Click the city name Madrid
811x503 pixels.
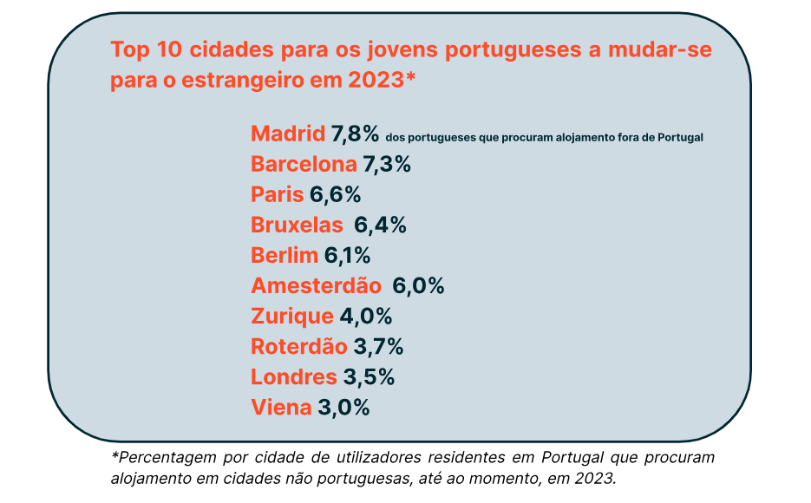(x=288, y=134)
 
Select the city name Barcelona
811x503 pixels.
(x=304, y=165)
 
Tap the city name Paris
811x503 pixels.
(x=277, y=195)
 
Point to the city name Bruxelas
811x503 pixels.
(x=297, y=225)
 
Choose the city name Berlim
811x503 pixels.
(x=284, y=256)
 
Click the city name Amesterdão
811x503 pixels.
(x=316, y=286)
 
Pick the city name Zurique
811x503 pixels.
(x=291, y=317)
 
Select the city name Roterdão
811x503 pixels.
(x=298, y=347)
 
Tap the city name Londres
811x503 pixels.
(x=293, y=377)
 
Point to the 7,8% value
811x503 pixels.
(x=356, y=134)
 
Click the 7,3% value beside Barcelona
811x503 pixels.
(x=387, y=165)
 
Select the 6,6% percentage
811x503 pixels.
(x=335, y=195)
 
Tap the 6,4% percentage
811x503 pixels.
(x=380, y=225)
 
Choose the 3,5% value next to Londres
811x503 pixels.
(x=370, y=377)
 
